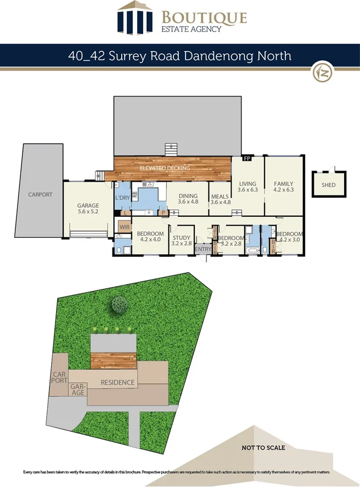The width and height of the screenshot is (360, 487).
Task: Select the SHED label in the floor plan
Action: tap(329, 186)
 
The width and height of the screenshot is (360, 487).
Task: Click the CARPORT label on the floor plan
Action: tap(41, 194)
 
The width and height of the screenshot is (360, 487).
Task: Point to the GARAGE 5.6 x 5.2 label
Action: tap(88, 209)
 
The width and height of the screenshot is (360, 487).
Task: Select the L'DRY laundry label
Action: tap(122, 198)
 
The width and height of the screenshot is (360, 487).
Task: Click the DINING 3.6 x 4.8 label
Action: tap(188, 198)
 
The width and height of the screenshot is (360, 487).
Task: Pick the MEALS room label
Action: tap(220, 198)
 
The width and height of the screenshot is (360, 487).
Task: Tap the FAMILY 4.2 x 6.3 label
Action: tap(284, 187)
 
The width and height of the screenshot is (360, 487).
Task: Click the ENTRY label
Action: tap(203, 250)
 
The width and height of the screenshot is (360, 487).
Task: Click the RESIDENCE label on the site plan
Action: tap(117, 383)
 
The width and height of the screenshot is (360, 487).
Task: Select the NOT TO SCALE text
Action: tap(263, 448)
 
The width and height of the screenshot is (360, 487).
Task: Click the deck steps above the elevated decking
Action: tap(172, 149)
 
